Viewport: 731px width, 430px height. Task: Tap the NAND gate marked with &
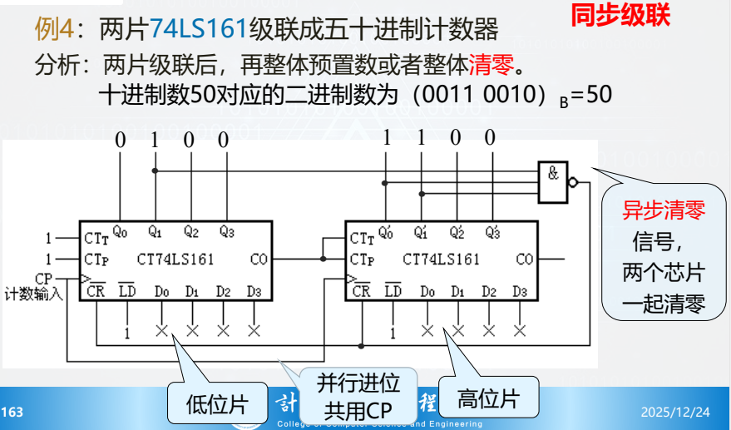click(553, 181)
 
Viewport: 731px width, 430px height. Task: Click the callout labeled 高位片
click(487, 399)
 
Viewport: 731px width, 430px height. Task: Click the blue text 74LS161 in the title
click(200, 32)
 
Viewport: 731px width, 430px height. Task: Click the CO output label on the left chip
click(259, 259)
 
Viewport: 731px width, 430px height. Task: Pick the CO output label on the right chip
click(524, 259)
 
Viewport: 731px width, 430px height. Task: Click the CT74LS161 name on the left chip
click(176, 259)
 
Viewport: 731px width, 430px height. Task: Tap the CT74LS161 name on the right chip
click(441, 259)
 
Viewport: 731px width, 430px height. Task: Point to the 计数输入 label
click(33, 294)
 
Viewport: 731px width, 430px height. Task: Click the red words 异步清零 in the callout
click(664, 210)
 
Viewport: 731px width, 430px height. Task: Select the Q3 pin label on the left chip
click(226, 230)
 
